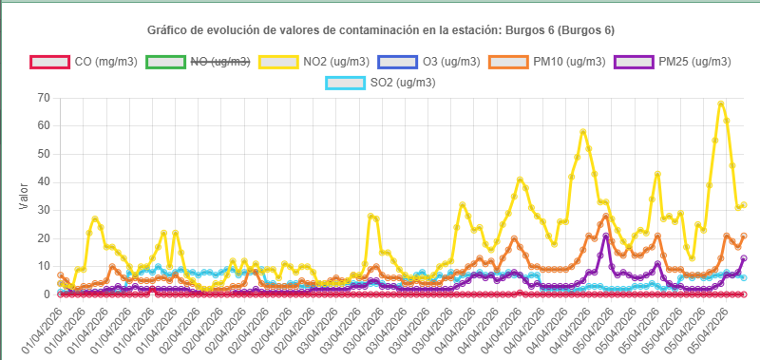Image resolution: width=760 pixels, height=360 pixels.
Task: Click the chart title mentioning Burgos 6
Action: tap(380, 30)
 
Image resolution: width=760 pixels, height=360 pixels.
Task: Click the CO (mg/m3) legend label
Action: tap(105, 62)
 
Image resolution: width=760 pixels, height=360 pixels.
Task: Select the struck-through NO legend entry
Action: tap(220, 62)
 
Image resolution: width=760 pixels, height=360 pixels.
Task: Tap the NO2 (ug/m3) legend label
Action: tap(337, 62)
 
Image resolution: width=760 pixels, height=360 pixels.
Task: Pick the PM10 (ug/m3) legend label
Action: tap(569, 62)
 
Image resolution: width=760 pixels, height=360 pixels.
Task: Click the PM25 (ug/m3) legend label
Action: tap(694, 62)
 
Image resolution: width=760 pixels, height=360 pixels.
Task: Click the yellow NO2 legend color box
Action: tap(277, 62)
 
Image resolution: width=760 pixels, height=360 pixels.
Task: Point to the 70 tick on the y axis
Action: tap(43, 98)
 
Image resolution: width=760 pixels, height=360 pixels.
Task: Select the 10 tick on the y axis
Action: tap(43, 267)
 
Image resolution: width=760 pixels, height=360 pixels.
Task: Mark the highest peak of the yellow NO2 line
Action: tap(721, 104)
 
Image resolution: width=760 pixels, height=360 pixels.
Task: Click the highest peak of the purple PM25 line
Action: tap(606, 236)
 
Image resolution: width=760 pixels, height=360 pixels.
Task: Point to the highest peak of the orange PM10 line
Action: tap(606, 216)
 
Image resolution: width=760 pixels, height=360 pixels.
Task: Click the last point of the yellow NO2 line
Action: tap(744, 204)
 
